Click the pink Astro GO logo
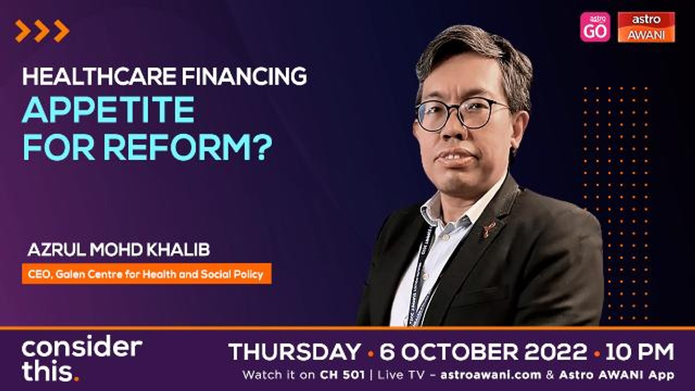coord(595,27)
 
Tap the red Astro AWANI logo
coord(646,27)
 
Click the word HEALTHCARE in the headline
coord(99,77)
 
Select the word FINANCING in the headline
coord(245,77)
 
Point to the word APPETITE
coord(108,110)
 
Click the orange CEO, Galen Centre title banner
coord(147,274)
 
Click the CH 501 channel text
coord(342,375)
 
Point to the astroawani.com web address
coord(491,375)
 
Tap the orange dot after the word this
coord(77,379)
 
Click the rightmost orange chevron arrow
coord(61,31)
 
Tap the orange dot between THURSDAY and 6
coord(370,353)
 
